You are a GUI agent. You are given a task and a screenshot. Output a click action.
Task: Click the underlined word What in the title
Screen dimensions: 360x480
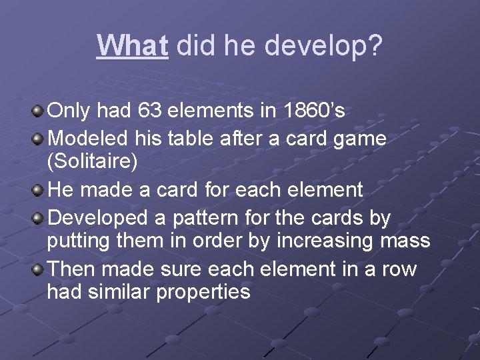132,46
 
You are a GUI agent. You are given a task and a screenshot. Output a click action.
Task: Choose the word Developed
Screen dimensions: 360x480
97,218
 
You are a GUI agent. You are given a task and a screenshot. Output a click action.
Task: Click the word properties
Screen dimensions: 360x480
203,292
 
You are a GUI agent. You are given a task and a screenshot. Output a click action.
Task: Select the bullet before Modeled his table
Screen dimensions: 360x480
39,138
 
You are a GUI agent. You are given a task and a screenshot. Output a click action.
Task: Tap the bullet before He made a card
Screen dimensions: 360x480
39,189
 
